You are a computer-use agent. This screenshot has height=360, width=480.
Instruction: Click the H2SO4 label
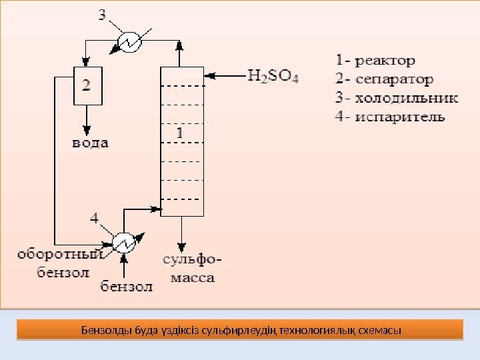(x=273, y=75)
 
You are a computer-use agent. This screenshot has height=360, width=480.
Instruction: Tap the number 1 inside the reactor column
(x=181, y=133)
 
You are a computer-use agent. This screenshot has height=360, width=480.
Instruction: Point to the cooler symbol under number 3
(x=129, y=43)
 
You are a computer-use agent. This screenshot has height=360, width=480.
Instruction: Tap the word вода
(x=89, y=143)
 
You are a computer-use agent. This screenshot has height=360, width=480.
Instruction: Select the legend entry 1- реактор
(x=373, y=61)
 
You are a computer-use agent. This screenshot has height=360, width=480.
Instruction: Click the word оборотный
(x=59, y=254)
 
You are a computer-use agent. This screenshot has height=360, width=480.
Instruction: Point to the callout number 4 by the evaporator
(x=95, y=217)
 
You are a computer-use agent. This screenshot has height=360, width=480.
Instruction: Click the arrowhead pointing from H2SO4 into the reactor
(x=208, y=75)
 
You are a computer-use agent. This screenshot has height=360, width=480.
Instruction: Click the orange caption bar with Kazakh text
(x=239, y=329)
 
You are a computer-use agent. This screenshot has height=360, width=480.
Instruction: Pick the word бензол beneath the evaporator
(x=127, y=287)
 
